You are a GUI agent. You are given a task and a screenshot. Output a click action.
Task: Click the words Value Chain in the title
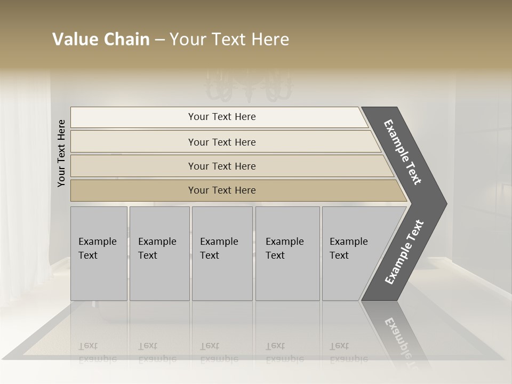point(101,39)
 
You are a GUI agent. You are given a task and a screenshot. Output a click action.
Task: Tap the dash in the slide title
point(159,40)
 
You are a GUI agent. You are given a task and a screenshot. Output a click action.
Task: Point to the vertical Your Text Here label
point(61,153)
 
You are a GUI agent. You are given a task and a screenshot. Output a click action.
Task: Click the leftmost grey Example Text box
point(99,253)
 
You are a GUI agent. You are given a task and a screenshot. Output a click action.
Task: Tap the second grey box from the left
point(159,253)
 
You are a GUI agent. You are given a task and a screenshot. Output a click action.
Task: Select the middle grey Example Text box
point(222,253)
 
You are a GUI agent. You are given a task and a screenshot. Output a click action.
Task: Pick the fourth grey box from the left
point(287,253)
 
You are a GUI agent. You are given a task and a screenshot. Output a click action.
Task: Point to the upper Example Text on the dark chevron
point(403,152)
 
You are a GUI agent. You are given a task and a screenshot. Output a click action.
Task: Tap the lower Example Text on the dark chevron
point(404,252)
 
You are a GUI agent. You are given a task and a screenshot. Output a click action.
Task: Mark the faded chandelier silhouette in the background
point(249,85)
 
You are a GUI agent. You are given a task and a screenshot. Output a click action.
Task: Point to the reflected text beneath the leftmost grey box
point(98,353)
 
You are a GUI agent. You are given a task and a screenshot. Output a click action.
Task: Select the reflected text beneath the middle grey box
point(219,353)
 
